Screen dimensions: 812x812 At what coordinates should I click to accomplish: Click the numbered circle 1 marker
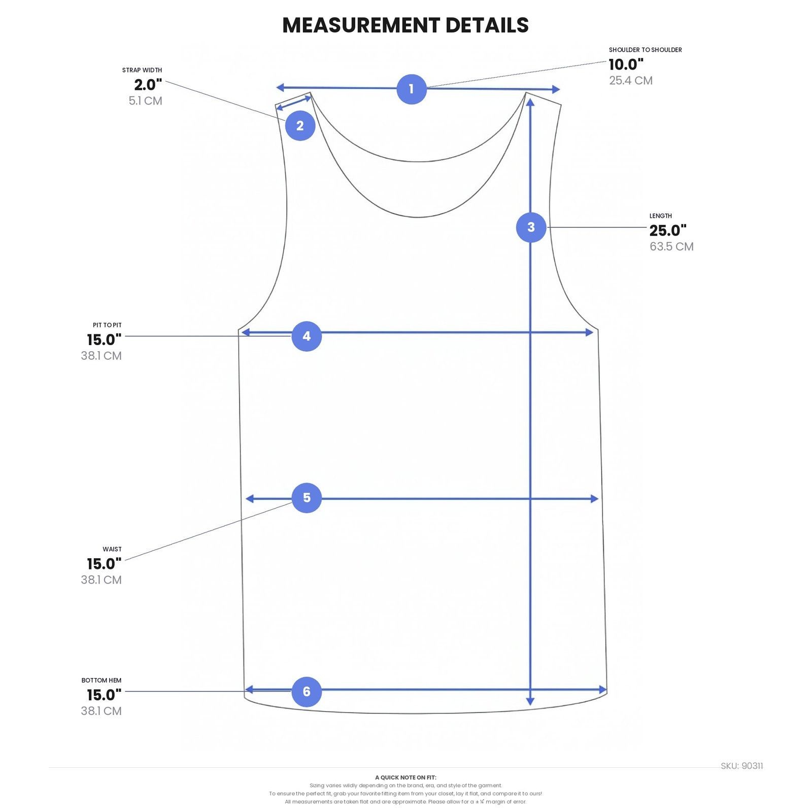tap(411, 89)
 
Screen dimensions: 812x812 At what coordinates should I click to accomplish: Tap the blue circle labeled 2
tap(300, 125)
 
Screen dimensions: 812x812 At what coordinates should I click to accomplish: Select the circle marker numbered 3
tap(531, 227)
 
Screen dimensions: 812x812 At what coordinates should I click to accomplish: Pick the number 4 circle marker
tap(307, 336)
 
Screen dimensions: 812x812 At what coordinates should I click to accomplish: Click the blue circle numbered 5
tap(307, 497)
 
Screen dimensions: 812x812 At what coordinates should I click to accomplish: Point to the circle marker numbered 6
tap(307, 691)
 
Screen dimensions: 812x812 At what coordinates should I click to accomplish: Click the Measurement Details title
tap(405, 25)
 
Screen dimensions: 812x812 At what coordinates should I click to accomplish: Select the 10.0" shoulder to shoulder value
tap(626, 64)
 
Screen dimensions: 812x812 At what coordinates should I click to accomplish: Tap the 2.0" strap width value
tap(148, 85)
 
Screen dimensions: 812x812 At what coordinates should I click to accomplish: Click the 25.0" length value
tap(668, 230)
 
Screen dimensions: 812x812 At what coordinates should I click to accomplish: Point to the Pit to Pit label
tap(107, 325)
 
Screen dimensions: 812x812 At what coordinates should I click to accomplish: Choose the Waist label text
tap(112, 549)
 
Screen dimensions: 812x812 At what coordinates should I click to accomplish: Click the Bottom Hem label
tap(101, 680)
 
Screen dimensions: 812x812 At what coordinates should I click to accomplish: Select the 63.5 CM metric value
tap(671, 247)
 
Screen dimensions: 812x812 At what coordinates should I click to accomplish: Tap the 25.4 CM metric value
tap(631, 81)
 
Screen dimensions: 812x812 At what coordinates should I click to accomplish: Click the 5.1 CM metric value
tap(146, 101)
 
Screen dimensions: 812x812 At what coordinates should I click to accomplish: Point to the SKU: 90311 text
tap(742, 766)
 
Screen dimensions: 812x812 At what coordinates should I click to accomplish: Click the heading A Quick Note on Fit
tap(405, 777)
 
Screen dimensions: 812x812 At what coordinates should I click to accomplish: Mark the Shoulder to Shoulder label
tap(646, 50)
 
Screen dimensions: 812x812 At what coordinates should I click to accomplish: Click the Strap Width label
tap(142, 70)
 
